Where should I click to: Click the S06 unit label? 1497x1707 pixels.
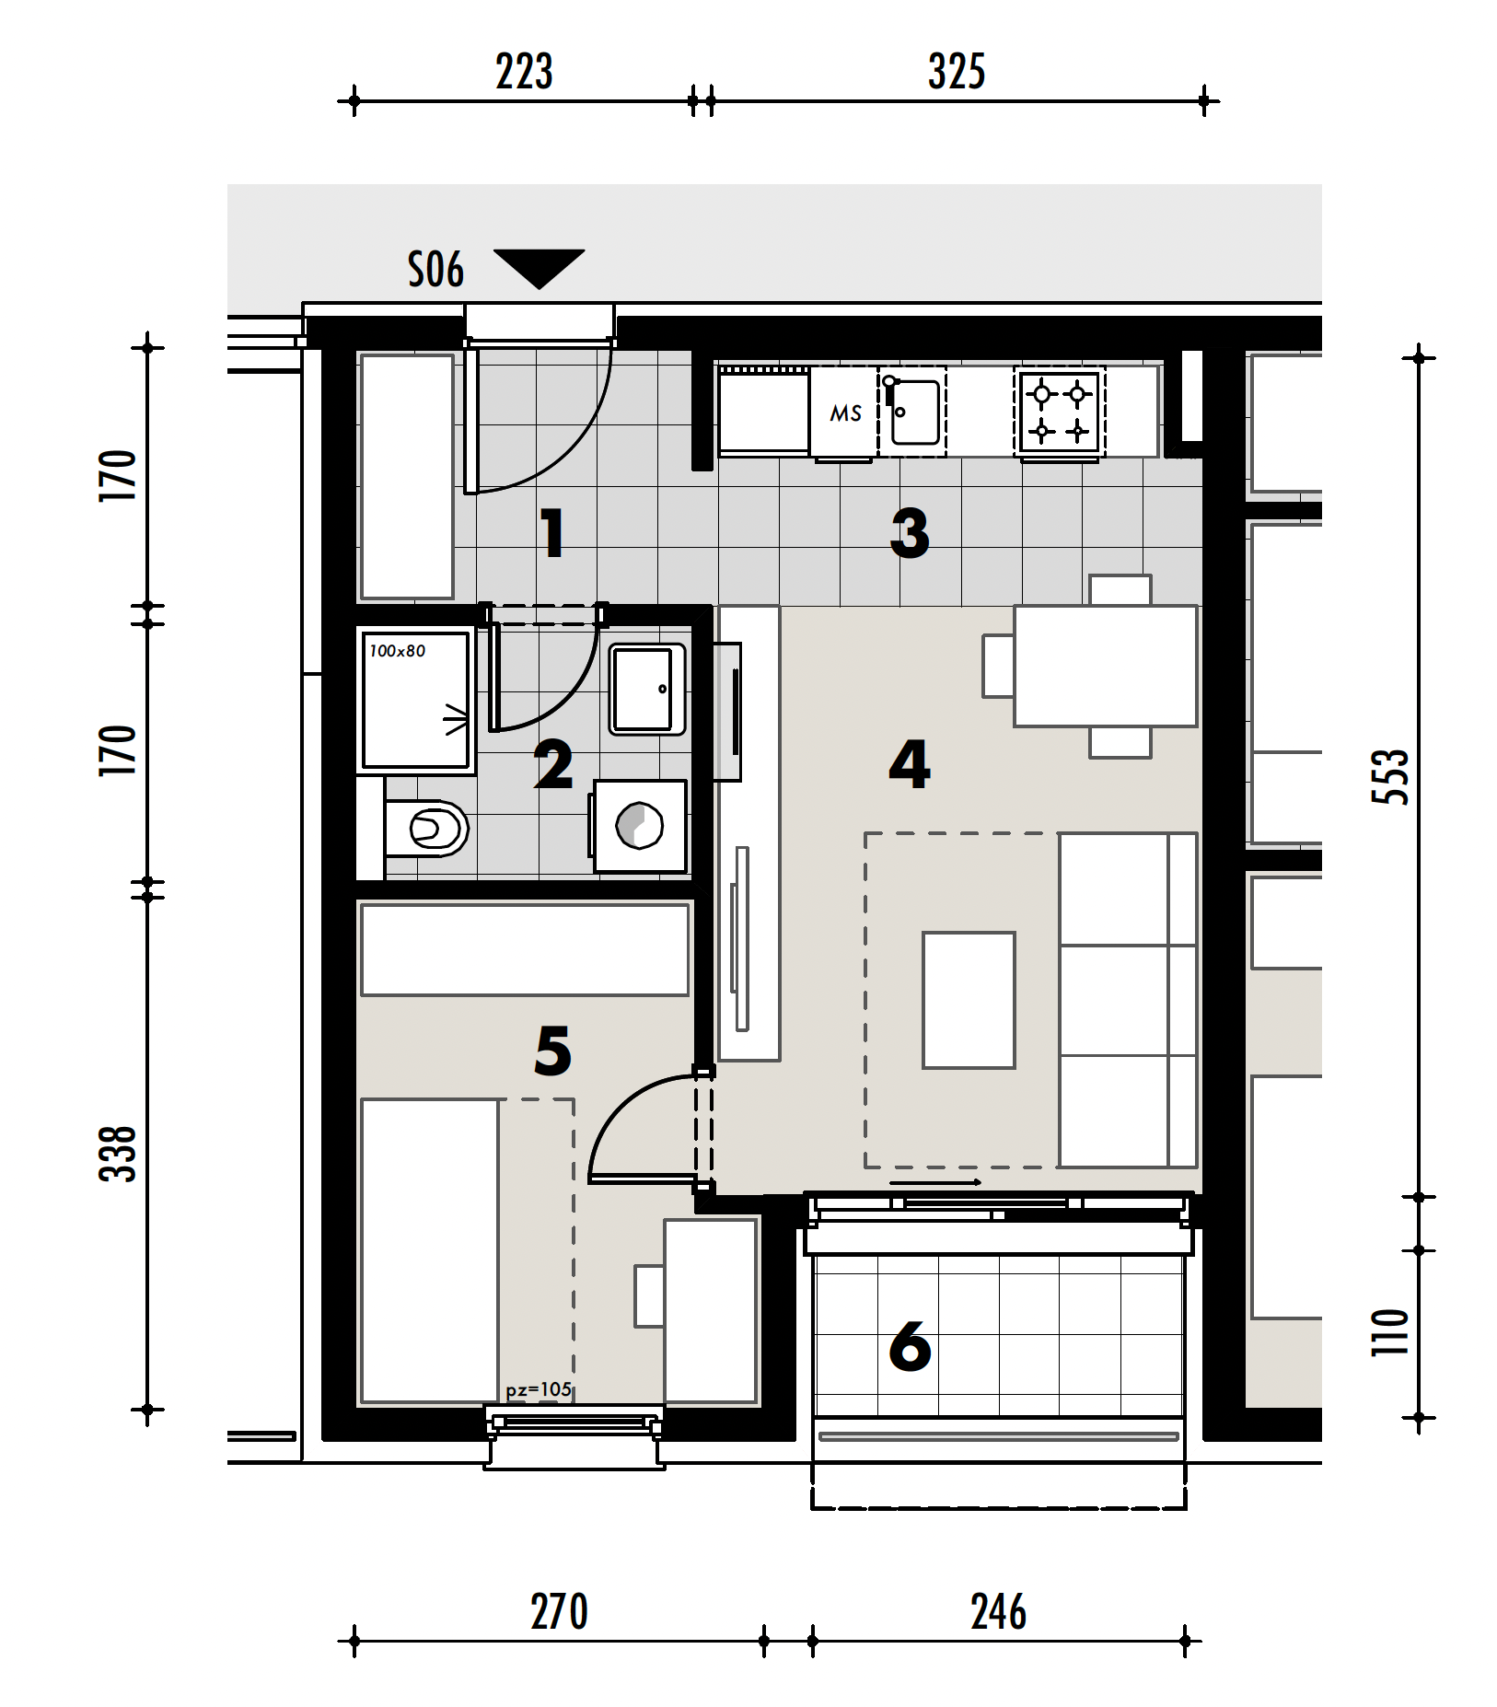tap(435, 271)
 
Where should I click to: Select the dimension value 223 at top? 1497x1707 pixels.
tap(524, 72)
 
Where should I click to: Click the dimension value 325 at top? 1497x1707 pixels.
tap(957, 72)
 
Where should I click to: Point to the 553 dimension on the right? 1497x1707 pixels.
tap(1390, 777)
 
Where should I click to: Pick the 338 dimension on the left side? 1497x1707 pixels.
tap(118, 1154)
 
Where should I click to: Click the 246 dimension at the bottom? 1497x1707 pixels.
tap(998, 1612)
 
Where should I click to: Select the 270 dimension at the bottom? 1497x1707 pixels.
tap(559, 1612)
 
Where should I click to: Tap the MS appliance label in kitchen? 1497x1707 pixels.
tap(845, 413)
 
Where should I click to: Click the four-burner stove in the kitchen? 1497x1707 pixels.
tap(1059, 412)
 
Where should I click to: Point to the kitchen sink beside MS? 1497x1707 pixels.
tap(912, 412)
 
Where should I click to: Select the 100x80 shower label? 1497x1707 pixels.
tap(398, 651)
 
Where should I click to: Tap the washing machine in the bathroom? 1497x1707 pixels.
tap(639, 826)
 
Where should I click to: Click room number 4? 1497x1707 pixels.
tap(909, 764)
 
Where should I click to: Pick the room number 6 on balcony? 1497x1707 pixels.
tap(910, 1347)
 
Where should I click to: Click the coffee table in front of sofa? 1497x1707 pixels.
tap(969, 1000)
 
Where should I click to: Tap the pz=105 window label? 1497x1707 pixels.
tap(539, 1390)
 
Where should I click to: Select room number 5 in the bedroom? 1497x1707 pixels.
tap(552, 1051)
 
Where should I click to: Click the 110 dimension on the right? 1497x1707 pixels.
tap(1390, 1332)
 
